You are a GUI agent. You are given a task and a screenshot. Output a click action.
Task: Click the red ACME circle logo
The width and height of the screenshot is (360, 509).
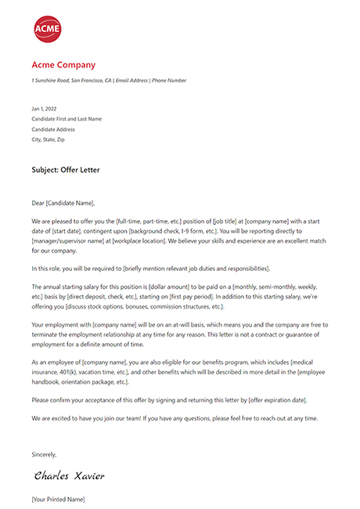point(47,29)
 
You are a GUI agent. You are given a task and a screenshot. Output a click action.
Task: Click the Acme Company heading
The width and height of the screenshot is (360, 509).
point(63,65)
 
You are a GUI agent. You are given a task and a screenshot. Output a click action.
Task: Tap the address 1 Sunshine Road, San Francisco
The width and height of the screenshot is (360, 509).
point(71,81)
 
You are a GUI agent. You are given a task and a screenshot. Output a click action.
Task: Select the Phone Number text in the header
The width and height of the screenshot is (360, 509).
point(171,81)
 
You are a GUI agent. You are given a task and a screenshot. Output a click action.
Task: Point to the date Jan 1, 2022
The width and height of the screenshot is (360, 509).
point(42,109)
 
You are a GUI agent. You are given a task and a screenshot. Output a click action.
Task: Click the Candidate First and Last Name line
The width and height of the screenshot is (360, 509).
point(67,119)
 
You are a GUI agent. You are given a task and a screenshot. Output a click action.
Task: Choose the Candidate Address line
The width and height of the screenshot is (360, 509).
point(53,129)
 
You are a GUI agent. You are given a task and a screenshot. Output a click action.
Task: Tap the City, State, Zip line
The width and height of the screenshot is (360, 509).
point(48,139)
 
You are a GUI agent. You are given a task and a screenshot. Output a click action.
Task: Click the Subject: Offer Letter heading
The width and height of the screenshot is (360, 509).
point(66,169)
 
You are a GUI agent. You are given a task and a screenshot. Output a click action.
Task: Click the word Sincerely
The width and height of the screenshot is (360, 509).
point(44,453)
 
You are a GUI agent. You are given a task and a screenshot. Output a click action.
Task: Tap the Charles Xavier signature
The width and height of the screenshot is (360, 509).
point(69,475)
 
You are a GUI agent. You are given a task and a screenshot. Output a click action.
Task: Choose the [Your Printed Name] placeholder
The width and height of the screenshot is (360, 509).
point(58,499)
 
